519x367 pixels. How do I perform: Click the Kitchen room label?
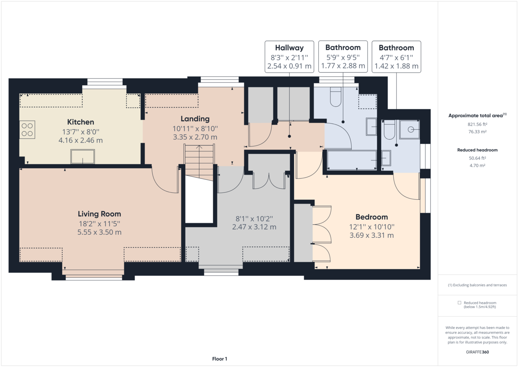coord(80,122)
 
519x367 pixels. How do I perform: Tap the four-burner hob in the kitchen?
coord(27,130)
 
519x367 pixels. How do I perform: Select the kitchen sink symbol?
coord(83,156)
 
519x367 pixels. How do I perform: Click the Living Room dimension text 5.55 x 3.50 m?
coord(99,232)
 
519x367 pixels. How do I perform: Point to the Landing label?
coord(195,118)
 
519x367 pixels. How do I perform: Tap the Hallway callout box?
coord(289,57)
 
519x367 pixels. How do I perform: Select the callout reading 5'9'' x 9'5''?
coord(343,57)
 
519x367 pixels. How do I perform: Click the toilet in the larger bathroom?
coord(336,98)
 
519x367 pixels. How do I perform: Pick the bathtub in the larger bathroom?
coord(351,160)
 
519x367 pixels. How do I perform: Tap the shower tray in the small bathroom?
coord(410,129)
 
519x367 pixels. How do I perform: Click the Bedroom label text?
coord(372,217)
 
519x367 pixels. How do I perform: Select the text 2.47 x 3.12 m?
coord(254,227)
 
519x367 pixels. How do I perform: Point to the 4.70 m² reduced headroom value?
coord(477,166)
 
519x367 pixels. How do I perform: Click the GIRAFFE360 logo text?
coord(477,352)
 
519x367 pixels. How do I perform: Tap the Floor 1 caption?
coord(220,359)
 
